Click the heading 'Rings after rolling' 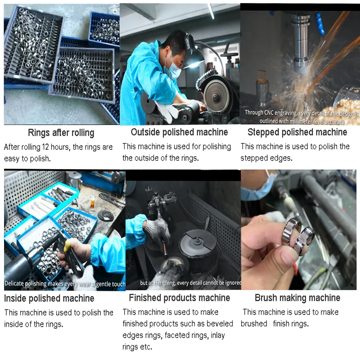click(61, 133)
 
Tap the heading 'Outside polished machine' click(179, 132)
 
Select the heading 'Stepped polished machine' click(297, 132)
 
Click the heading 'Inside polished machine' click(49, 298)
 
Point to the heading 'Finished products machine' click(180, 298)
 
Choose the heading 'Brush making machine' click(297, 298)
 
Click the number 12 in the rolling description click(45, 147)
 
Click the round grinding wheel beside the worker click(216, 96)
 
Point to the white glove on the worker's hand click(167, 111)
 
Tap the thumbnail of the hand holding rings click(298, 230)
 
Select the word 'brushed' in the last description click(254, 324)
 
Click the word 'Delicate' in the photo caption click(14, 283)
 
